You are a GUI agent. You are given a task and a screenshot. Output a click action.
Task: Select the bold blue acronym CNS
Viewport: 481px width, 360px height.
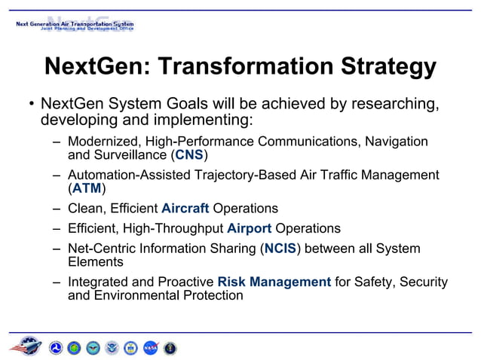click(x=188, y=156)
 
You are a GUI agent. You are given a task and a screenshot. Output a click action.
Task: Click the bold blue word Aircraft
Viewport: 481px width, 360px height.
click(x=185, y=208)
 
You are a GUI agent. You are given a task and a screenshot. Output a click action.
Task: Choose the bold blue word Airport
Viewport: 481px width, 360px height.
click(x=250, y=228)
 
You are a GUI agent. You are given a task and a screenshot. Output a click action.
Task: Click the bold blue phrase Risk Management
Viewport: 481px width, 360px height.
click(x=274, y=282)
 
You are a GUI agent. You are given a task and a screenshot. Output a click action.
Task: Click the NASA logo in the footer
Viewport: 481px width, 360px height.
click(x=151, y=347)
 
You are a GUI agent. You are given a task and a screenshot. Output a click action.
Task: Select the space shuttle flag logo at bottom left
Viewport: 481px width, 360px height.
click(x=26, y=346)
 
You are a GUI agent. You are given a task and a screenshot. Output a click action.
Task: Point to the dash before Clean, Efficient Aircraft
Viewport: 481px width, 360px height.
click(x=57, y=208)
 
